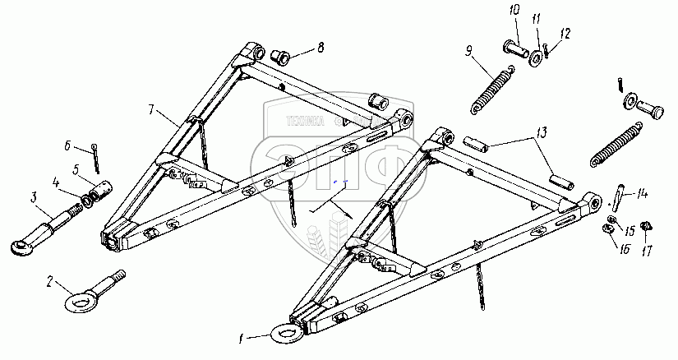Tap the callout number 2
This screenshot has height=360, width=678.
pos(49,283)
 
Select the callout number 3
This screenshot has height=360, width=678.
pos(34,197)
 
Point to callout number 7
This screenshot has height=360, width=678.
pos(153,109)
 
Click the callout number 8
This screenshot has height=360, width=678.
pos(321,48)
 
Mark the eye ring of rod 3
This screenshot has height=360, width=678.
pos(21,244)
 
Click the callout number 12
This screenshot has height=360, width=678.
pos(565,34)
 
